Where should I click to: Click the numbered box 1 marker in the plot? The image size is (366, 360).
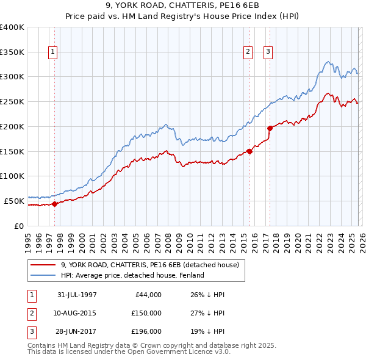[x=53, y=52]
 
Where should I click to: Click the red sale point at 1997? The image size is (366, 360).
[x=55, y=204]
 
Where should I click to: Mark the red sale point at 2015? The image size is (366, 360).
[x=249, y=151]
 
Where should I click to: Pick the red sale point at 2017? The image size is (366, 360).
[x=270, y=128]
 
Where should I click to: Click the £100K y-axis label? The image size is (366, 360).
[x=12, y=176]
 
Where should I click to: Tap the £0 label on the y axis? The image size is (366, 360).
[x=19, y=225]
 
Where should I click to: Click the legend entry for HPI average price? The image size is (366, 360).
[x=132, y=275]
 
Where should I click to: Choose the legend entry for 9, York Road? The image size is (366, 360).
[x=152, y=265]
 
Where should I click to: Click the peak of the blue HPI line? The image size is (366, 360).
[x=328, y=61]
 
